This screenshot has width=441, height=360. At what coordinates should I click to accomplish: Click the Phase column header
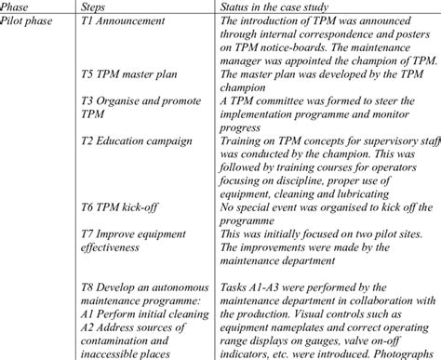click(20, 8)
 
